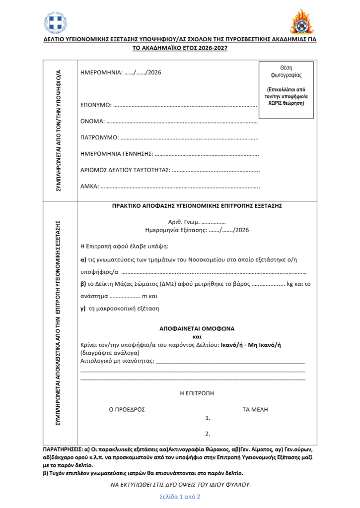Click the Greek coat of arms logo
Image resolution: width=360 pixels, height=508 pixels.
(x=55, y=22)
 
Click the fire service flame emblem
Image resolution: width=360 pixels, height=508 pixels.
(x=302, y=22)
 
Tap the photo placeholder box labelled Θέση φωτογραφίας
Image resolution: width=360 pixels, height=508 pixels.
(x=286, y=90)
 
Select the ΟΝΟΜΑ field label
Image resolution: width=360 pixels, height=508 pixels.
(x=92, y=121)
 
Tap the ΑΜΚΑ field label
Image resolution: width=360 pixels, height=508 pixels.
(x=90, y=187)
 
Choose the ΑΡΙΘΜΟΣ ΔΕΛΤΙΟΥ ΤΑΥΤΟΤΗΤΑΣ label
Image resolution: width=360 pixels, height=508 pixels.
(x=125, y=170)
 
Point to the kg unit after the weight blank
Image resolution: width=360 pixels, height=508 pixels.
(x=291, y=284)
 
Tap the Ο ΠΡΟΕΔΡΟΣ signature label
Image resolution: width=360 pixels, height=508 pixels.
(x=127, y=410)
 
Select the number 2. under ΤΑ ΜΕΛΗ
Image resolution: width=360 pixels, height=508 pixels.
(x=208, y=433)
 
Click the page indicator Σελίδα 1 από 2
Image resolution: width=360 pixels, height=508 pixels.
(x=180, y=496)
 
